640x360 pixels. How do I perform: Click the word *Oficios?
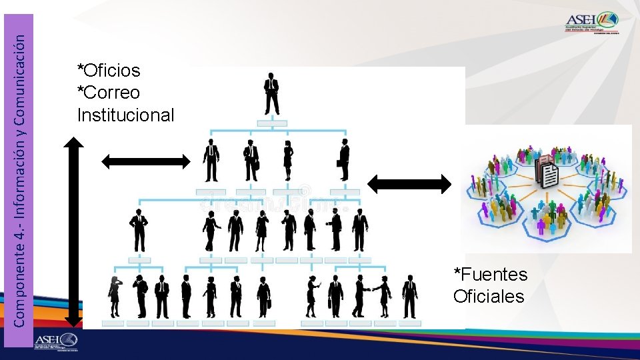pos(109,70)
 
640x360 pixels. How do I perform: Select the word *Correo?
pos(109,92)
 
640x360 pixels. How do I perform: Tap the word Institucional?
pos(125,115)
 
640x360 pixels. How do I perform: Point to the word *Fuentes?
pos(490,274)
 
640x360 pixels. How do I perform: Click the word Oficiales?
pos(489,296)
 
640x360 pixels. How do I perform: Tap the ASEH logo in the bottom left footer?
pos(57,341)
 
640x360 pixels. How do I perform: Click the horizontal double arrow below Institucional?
pos(145,160)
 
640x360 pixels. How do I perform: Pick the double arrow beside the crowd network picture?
pos(410,183)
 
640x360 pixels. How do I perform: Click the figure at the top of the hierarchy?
pos(271,93)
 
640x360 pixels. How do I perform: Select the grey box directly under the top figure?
pos(271,123)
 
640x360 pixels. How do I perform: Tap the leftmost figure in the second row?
pos(211,161)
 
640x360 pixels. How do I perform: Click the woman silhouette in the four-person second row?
pos(288,161)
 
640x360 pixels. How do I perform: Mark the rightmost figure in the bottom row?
pos(409,296)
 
